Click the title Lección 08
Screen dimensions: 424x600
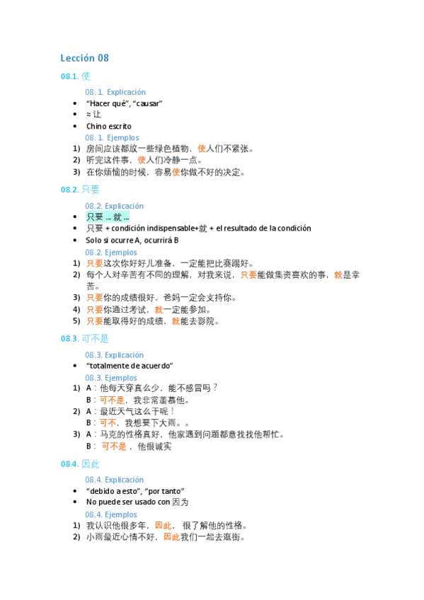[84, 58]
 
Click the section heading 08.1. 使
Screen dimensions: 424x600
[76, 76]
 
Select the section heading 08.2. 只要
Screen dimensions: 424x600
[80, 190]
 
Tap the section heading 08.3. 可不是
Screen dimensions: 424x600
[84, 339]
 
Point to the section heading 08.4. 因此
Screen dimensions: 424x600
[80, 464]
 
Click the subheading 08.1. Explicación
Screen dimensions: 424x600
[115, 92]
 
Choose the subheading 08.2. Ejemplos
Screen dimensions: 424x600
[112, 252]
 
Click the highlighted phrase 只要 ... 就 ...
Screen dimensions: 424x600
[108, 217]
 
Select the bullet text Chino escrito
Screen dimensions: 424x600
[109, 126]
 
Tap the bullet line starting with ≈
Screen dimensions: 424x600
[93, 115]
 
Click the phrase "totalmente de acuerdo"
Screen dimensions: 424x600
[130, 365]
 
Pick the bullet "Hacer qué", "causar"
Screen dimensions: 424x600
[124, 103]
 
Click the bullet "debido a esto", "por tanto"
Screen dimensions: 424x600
[135, 491]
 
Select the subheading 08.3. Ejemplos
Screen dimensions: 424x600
[112, 377]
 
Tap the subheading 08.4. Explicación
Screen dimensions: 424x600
[115, 480]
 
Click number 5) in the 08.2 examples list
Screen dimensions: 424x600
[76, 321]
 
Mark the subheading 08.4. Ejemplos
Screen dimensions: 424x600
[112, 514]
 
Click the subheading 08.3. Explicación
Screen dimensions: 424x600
[115, 354]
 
